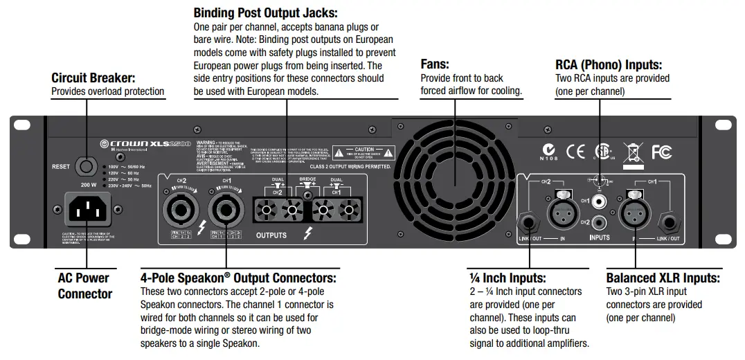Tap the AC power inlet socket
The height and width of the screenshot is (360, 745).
87,208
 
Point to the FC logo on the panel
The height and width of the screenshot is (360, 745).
661,152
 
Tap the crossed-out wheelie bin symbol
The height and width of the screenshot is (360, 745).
632,152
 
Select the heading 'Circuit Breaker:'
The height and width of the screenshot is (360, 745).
93,78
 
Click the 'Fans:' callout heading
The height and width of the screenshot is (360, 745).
435,64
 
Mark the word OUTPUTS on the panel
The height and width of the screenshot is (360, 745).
271,235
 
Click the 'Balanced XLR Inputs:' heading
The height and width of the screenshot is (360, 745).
663,278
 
